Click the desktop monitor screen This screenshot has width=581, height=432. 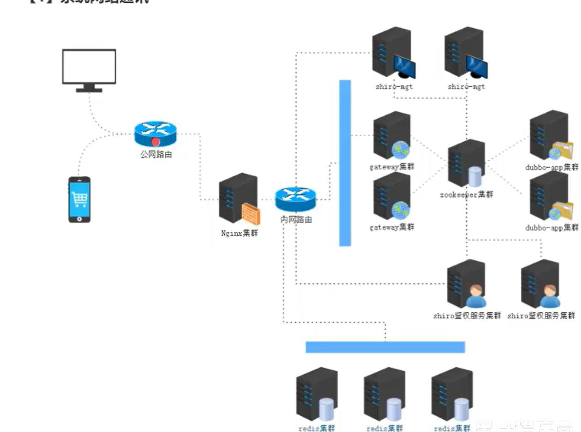click(x=89, y=67)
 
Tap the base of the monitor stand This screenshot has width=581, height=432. click(x=89, y=90)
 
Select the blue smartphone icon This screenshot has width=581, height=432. click(x=79, y=200)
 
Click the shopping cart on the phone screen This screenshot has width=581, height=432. click(x=79, y=199)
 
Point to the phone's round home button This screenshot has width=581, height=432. click(x=79, y=218)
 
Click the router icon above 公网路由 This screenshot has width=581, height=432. click(x=156, y=134)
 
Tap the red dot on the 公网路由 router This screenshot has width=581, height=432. click(x=156, y=141)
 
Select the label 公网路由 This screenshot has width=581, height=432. click(x=156, y=155)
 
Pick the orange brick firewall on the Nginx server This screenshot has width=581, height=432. click(x=251, y=214)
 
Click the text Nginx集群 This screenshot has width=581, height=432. click(x=239, y=233)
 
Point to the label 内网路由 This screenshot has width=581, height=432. click(x=296, y=219)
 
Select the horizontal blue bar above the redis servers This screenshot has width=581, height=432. click(x=385, y=347)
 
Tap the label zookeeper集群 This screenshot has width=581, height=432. click(x=467, y=195)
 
